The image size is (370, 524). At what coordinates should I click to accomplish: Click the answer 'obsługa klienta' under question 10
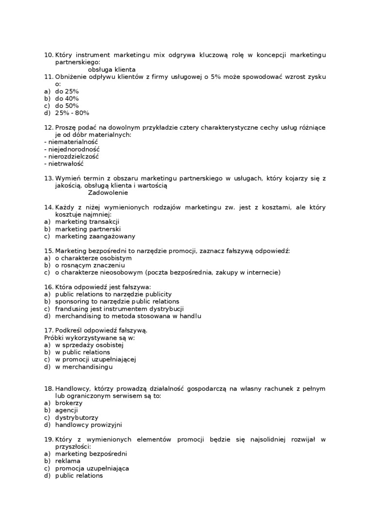coord(111,70)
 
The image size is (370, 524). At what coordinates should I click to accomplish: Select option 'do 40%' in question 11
coord(67,98)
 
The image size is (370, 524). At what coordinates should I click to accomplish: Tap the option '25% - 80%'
coord(72,113)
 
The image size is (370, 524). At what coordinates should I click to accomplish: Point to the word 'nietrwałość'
coord(66,164)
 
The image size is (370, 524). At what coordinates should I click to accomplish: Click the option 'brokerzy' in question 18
coord(69,403)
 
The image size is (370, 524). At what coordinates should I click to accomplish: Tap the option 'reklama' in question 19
coord(68,461)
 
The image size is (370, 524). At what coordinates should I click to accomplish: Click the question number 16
coord(48,287)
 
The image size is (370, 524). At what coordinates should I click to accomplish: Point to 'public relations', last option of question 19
coord(79,476)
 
